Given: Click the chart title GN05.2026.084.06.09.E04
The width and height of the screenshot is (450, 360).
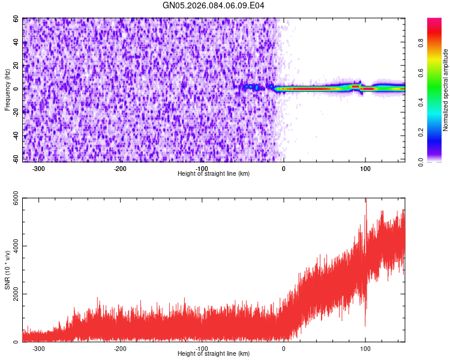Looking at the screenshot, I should (x=214, y=5).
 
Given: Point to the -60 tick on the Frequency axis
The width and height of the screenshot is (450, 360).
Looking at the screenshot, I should (x=16, y=159).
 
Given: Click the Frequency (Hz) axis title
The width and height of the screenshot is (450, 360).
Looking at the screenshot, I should (x=7, y=89).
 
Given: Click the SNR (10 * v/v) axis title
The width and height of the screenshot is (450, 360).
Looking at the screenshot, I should (x=7, y=271).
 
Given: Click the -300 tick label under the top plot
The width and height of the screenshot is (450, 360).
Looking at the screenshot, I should (x=38, y=169).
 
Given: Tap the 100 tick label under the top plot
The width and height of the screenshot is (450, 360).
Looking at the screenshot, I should (x=365, y=169).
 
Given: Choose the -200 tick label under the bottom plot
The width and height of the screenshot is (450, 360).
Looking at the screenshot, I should (x=120, y=349).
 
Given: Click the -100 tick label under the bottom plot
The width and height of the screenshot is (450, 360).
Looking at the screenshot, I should (x=202, y=349).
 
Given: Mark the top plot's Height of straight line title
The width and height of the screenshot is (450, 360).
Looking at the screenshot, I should (x=214, y=174).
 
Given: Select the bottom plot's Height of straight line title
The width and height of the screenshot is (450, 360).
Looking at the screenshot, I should (x=214, y=354).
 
